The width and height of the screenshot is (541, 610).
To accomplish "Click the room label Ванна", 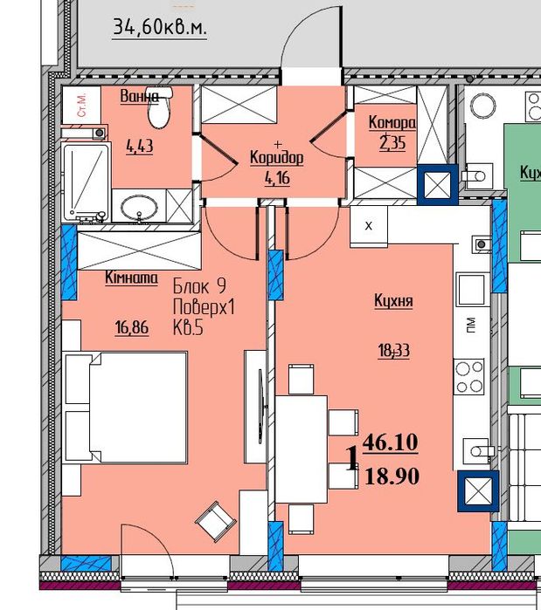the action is (140, 96).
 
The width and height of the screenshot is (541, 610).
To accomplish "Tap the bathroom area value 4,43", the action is (140, 147).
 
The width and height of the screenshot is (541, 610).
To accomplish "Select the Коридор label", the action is (276, 158).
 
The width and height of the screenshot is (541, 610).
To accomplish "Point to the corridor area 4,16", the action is (277, 178).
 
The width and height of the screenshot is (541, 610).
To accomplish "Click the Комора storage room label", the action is (392, 122).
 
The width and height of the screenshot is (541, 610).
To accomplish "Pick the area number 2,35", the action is (392, 143).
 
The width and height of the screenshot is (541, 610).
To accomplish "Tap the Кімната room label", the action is (131, 278).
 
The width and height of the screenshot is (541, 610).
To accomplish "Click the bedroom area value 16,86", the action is (132, 327).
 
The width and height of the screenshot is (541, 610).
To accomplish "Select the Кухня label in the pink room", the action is (393, 301).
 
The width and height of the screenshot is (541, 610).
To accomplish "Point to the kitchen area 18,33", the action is (394, 351).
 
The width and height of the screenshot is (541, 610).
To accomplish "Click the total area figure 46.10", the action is (391, 442).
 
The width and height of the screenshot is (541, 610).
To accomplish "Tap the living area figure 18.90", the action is (392, 476).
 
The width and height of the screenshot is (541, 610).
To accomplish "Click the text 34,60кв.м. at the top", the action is (160, 28).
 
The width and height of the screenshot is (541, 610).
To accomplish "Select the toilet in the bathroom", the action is (160, 107).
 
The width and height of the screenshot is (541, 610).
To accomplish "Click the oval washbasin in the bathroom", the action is (139, 207).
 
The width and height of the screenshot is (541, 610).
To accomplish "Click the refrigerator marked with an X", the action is (369, 226).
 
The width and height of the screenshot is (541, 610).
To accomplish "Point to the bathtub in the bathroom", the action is (86, 183).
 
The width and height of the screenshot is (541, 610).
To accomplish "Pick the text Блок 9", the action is (199, 287).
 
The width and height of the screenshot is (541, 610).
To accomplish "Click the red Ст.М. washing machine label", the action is (82, 105).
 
